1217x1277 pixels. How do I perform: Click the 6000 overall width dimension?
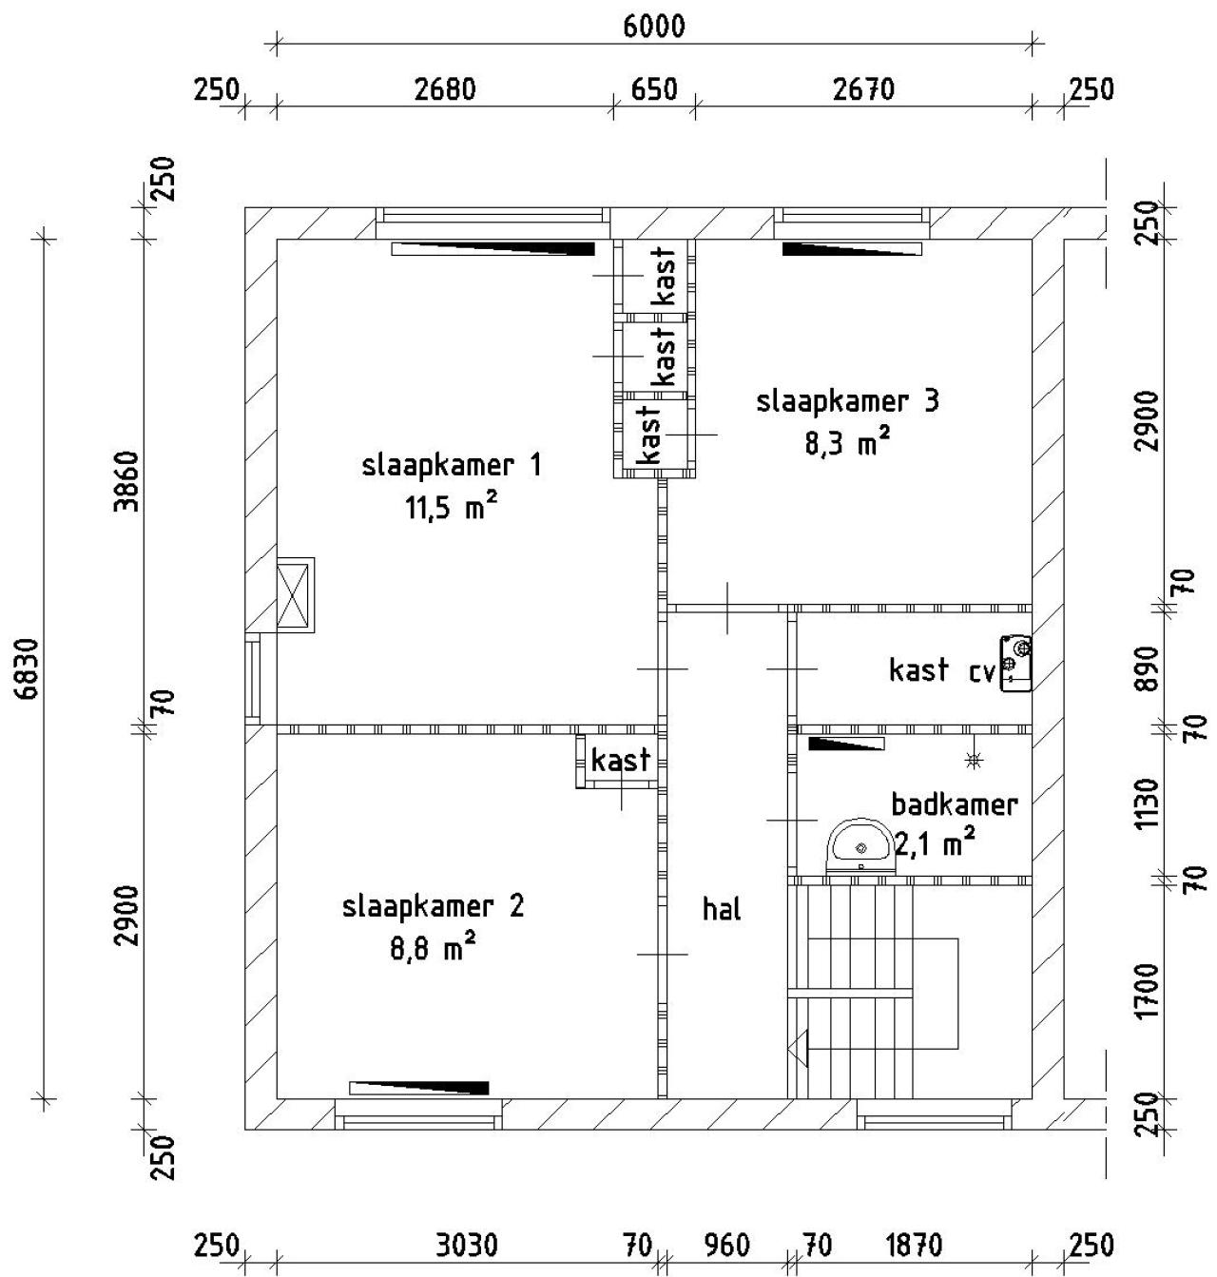(x=653, y=26)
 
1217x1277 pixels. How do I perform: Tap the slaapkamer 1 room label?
(x=452, y=466)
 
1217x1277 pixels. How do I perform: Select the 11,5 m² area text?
(x=452, y=508)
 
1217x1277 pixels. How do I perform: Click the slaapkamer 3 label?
(x=847, y=401)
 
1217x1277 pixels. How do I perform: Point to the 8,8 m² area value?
(x=433, y=948)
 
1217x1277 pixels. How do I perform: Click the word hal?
(x=722, y=909)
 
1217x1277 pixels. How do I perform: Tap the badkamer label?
(x=954, y=804)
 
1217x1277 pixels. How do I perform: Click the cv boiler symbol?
(x=1016, y=663)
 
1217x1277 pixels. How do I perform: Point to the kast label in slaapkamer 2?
(x=621, y=760)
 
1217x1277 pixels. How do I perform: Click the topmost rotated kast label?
(x=665, y=276)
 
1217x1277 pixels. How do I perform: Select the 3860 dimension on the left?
(x=127, y=482)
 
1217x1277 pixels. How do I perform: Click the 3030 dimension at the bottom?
(x=466, y=1245)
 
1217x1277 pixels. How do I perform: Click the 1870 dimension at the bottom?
(x=914, y=1245)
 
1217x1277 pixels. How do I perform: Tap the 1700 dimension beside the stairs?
(x=1148, y=990)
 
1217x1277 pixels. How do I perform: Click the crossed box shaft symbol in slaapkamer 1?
(x=294, y=594)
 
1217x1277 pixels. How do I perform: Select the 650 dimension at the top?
(x=654, y=89)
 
